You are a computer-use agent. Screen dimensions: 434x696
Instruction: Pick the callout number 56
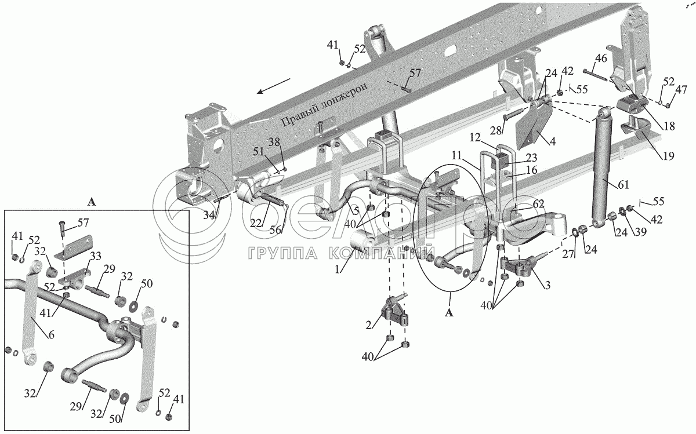(276, 230)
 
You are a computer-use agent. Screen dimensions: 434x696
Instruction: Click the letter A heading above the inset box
(90, 202)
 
